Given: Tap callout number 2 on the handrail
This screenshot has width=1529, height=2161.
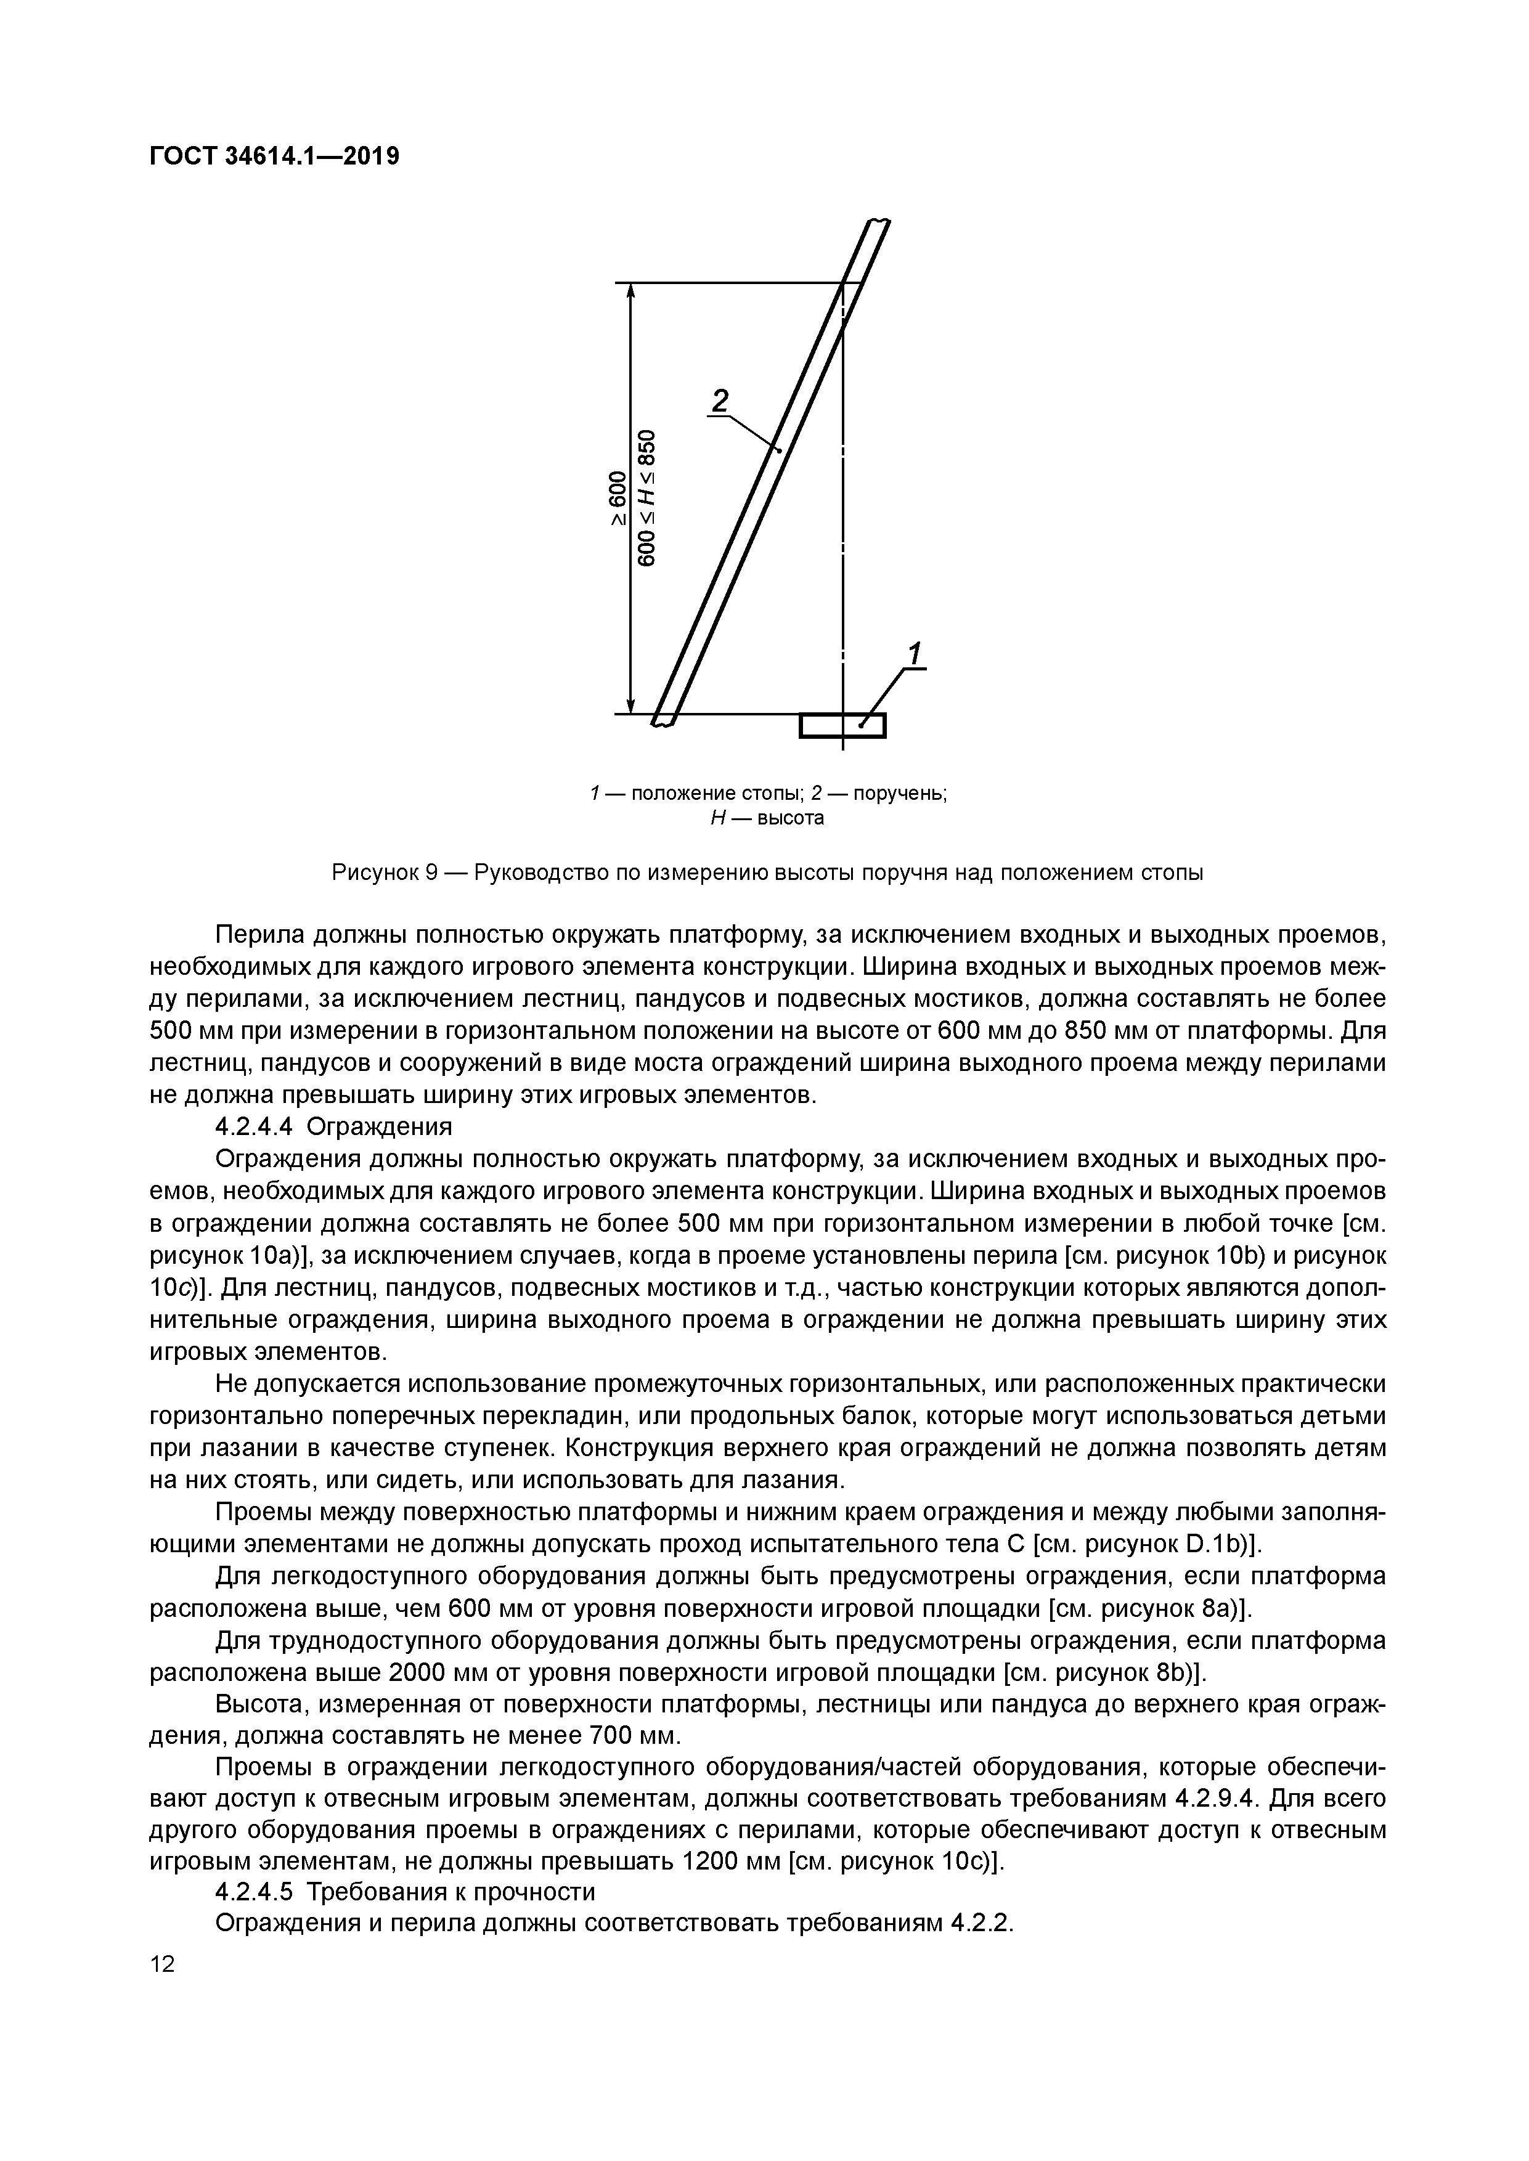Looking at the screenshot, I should coord(720,402).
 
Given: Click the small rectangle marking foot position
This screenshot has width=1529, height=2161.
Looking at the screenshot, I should coord(842,726).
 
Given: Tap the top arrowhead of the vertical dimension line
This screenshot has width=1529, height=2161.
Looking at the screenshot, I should coord(631,292).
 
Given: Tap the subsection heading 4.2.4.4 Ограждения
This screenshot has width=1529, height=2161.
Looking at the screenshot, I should coord(334,1126).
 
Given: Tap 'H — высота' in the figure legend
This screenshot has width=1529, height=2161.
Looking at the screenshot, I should coord(767,818).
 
